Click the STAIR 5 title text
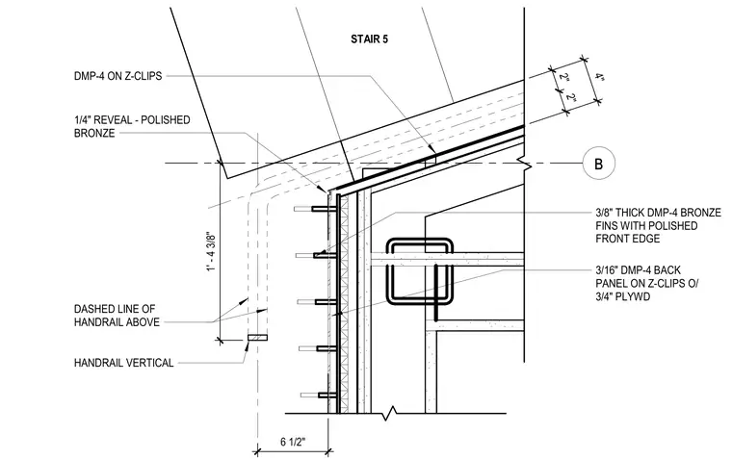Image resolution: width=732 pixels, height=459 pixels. (x=369, y=39)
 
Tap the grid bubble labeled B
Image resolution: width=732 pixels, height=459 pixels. (x=598, y=164)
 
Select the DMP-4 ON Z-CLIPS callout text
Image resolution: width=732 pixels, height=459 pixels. (x=118, y=76)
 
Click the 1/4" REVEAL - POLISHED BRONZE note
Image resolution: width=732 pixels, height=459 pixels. (x=132, y=126)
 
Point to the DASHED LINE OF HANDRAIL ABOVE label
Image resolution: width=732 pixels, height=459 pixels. (x=117, y=316)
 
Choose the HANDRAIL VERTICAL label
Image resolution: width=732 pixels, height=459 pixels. (x=123, y=363)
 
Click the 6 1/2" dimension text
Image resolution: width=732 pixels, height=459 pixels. (x=293, y=442)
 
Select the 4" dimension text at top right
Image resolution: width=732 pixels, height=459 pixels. (x=599, y=77)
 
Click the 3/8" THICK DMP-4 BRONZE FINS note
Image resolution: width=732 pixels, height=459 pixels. (x=658, y=226)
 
